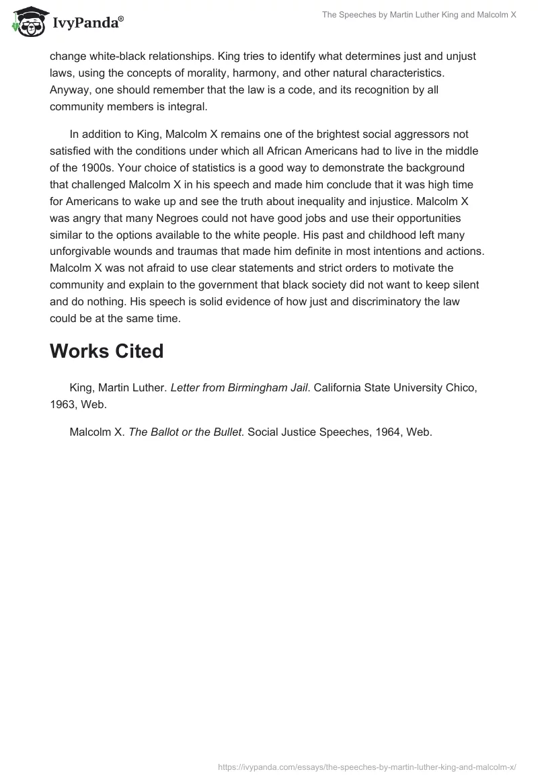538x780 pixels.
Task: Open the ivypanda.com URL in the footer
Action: [367, 766]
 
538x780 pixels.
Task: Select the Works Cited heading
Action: [106, 351]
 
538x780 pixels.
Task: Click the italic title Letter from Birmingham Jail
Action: [239, 387]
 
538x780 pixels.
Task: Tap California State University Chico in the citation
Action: [395, 387]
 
